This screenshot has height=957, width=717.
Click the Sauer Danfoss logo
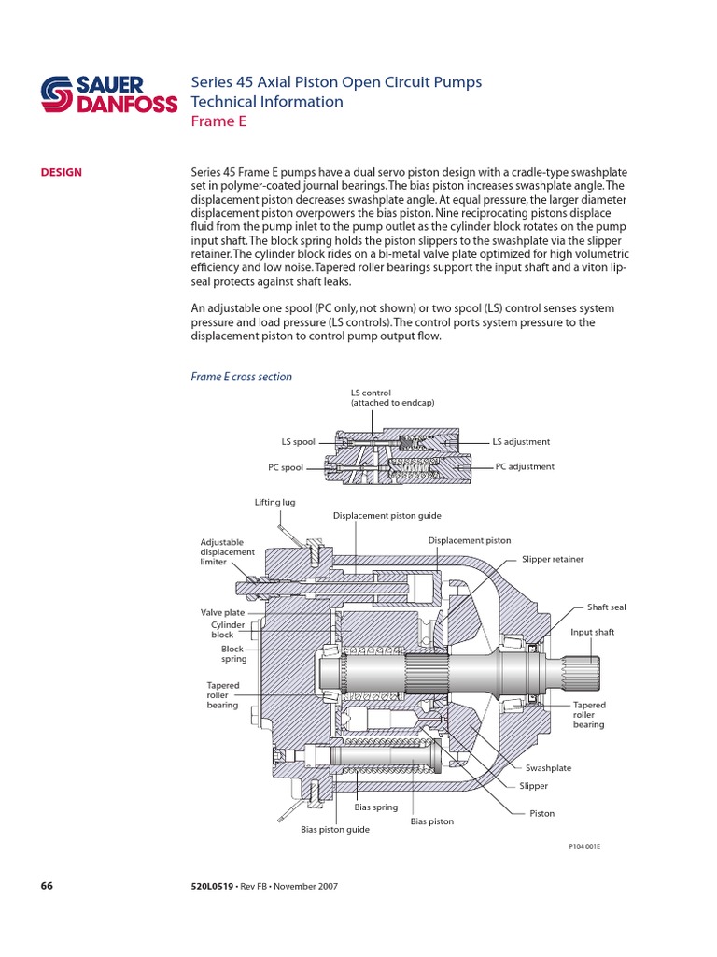108,93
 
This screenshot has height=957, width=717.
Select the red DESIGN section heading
61,172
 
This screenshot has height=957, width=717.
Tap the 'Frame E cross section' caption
241,377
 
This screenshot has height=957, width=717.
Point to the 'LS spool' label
299,442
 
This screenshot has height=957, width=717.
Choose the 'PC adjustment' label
525,466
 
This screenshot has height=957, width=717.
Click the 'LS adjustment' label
521,442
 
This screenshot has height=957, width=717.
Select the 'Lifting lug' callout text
274,502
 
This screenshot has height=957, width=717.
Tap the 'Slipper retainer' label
552,559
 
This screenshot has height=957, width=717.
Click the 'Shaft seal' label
606,607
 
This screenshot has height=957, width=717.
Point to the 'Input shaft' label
593,632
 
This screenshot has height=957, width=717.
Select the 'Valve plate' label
222,613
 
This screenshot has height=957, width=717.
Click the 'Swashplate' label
548,767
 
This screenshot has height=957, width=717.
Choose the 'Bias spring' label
376,807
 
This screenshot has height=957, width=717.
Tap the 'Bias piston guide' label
335,829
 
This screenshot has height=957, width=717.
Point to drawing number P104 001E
584,846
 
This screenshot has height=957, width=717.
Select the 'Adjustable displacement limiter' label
228,551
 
